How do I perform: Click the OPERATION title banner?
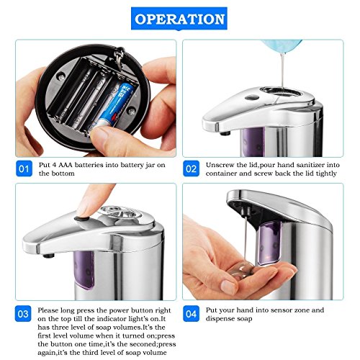click(179, 19)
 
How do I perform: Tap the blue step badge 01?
click(24, 168)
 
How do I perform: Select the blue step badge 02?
click(191, 168)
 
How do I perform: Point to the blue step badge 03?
click(23, 314)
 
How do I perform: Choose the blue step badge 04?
click(191, 314)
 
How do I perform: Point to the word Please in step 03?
click(48, 310)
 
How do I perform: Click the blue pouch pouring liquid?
click(281, 48)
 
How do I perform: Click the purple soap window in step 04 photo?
click(270, 243)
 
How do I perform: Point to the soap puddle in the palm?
click(240, 271)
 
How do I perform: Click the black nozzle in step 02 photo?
click(225, 133)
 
